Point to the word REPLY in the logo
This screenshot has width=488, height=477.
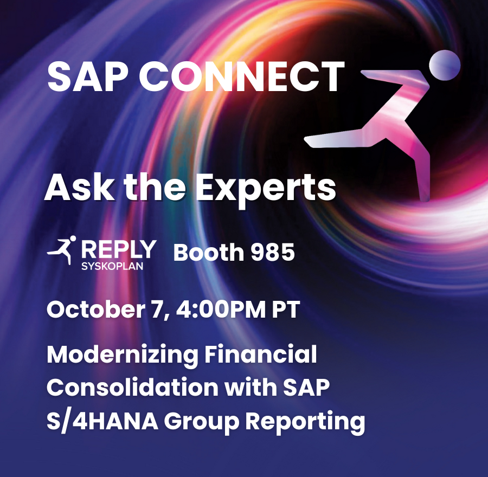coord(118,250)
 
